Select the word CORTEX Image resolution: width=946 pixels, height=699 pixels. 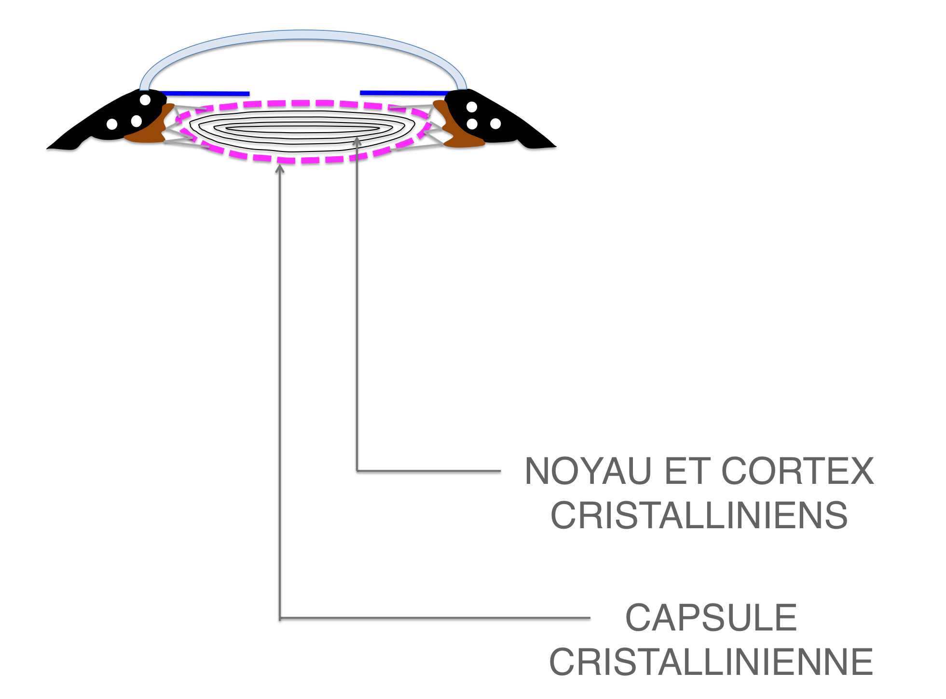[x=797, y=471]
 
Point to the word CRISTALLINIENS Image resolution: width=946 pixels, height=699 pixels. [x=699, y=516]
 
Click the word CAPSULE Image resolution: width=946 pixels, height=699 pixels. [x=711, y=617]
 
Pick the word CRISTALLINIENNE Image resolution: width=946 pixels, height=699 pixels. [x=711, y=662]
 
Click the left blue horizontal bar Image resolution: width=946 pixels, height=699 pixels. [x=205, y=93]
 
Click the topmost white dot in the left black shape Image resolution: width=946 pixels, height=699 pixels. [x=145, y=100]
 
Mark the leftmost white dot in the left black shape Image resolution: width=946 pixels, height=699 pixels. [x=112, y=124]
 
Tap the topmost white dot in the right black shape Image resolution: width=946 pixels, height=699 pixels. [x=472, y=107]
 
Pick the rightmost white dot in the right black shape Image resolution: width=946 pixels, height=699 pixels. [x=495, y=124]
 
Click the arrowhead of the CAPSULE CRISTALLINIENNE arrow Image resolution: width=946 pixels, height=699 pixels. [x=280, y=168]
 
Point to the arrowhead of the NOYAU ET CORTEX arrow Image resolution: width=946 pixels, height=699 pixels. [x=357, y=141]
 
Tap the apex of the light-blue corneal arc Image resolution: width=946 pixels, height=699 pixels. [x=303, y=35]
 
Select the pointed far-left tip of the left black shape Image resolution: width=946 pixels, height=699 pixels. [x=47, y=148]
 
